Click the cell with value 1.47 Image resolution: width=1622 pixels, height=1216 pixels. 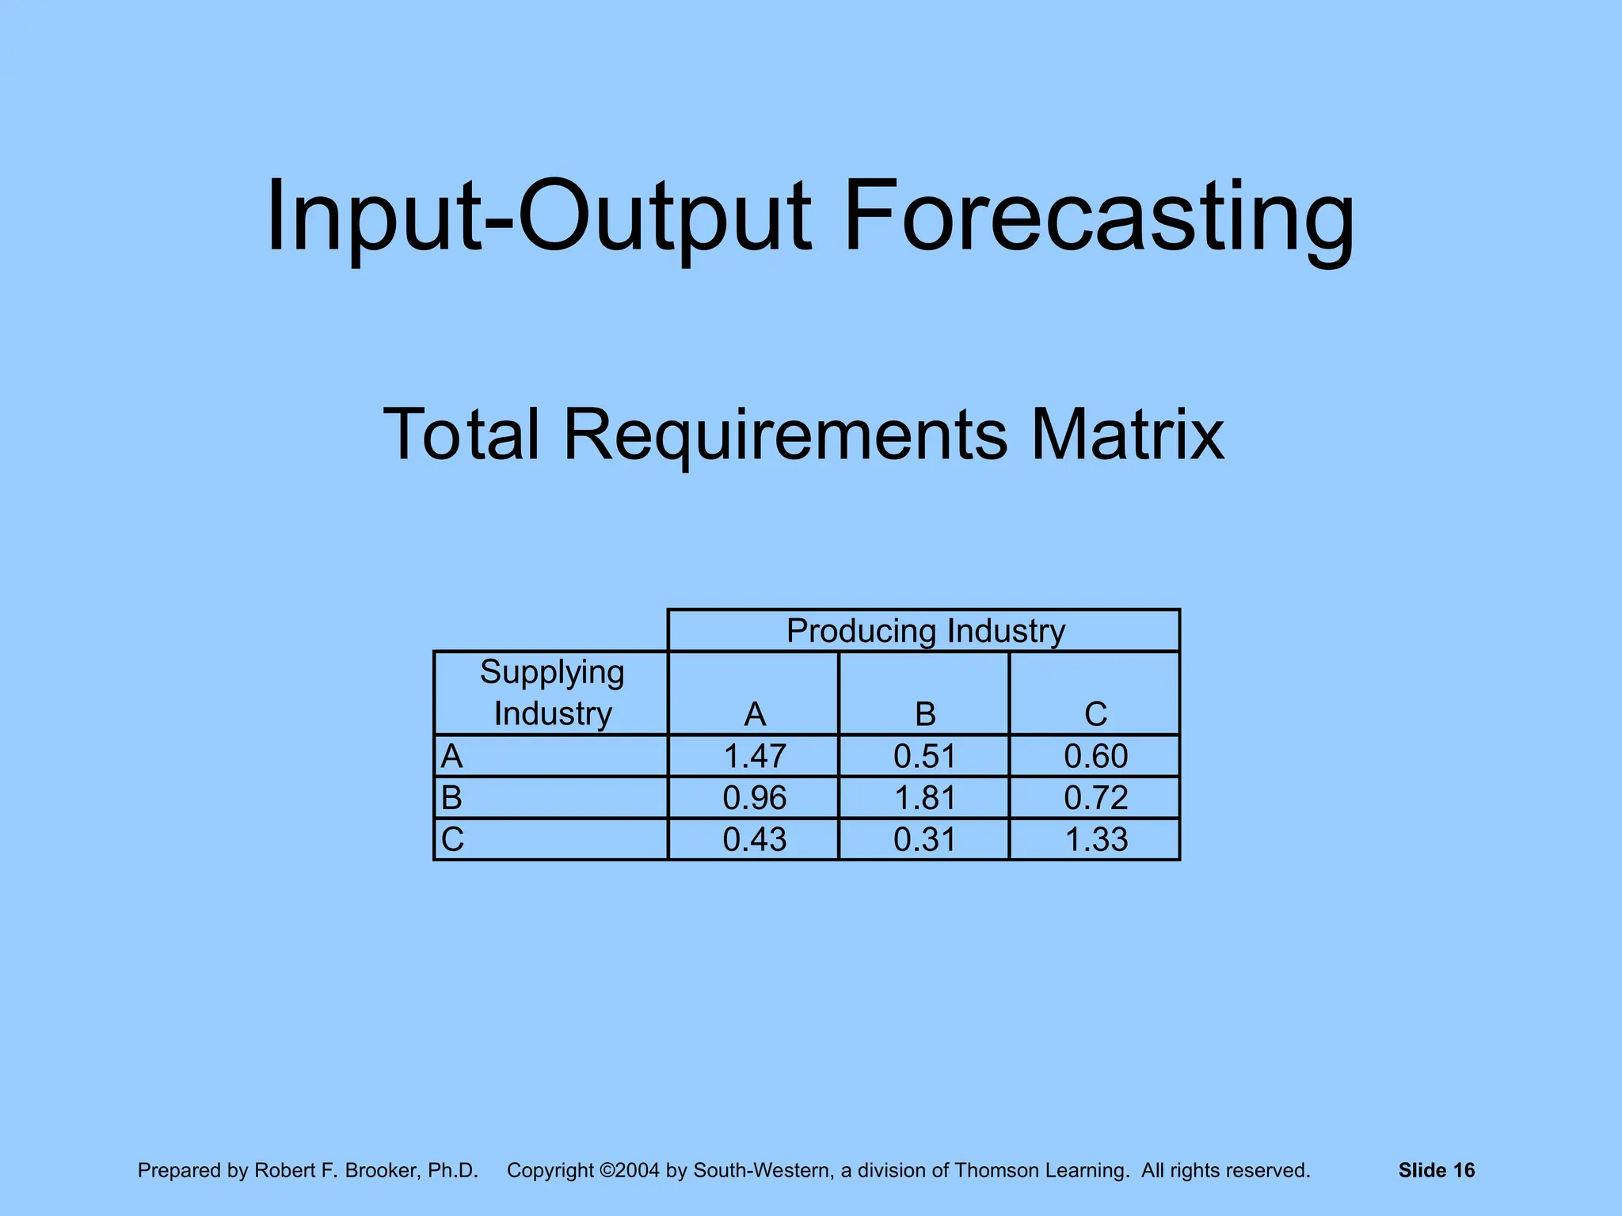[x=754, y=756]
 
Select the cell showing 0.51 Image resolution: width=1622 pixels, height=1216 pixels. [x=924, y=756]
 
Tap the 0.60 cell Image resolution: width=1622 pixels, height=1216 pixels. [x=1095, y=756]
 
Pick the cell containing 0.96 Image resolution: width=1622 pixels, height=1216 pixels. [x=754, y=797]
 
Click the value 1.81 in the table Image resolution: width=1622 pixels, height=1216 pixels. [x=924, y=797]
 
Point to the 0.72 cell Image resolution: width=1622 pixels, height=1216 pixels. [x=1095, y=797]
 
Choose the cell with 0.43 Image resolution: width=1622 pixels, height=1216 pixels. [x=754, y=839]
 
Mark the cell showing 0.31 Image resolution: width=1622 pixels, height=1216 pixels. [x=924, y=839]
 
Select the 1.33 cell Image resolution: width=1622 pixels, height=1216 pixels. [x=1095, y=839]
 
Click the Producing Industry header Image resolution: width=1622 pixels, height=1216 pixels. [x=925, y=631]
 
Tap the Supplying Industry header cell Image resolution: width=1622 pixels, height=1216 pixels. [x=552, y=693]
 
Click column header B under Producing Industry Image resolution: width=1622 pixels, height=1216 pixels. [x=925, y=714]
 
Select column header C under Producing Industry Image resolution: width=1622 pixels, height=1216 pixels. [x=1095, y=714]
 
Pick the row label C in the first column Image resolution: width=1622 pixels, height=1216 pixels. [x=453, y=839]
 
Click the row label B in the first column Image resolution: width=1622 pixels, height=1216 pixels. [x=451, y=797]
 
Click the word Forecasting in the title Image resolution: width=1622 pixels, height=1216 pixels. [x=1098, y=216]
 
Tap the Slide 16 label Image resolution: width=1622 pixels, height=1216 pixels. [x=1436, y=1170]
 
